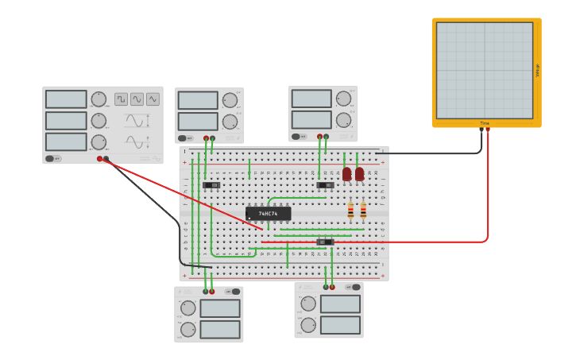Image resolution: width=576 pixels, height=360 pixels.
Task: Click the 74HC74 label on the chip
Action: pyautogui.click(x=269, y=214)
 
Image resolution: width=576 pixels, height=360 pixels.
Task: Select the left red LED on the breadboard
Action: pyautogui.click(x=346, y=173)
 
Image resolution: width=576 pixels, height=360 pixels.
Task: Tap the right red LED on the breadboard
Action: pyautogui.click(x=360, y=173)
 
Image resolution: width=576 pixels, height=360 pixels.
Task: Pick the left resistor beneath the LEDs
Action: pyautogui.click(x=350, y=211)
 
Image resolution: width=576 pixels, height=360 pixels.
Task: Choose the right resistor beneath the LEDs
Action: pyautogui.click(x=363, y=211)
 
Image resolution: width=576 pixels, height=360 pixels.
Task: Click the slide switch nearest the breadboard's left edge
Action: pyautogui.click(x=211, y=185)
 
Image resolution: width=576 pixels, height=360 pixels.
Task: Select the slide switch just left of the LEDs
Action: pyautogui.click(x=325, y=185)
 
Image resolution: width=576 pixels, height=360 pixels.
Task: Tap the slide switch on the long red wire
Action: pyautogui.click(x=325, y=242)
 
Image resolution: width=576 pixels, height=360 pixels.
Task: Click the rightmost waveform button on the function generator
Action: pyautogui.click(x=153, y=99)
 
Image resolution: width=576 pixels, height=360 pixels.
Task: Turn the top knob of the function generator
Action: pyautogui.click(x=99, y=99)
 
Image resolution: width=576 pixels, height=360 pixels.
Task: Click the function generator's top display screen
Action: pyautogui.click(x=66, y=99)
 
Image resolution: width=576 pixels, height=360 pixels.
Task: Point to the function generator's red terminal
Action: pyautogui.click(x=100, y=159)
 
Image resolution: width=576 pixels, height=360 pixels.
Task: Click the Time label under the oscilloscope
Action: pyautogui.click(x=485, y=123)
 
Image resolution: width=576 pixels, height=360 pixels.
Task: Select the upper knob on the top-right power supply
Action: pyautogui.click(x=343, y=99)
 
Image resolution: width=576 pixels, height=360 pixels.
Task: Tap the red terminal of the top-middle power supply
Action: pyautogui.click(x=206, y=138)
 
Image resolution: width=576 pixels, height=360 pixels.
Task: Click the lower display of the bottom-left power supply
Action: pyautogui.click(x=219, y=329)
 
